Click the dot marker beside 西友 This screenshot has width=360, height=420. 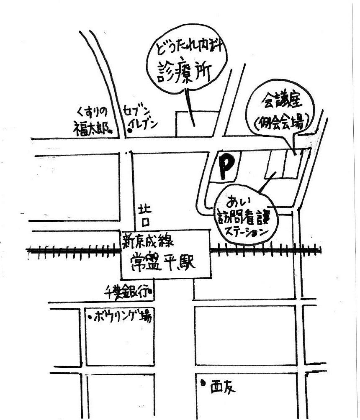(203, 382)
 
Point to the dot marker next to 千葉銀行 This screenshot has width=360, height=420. (150, 294)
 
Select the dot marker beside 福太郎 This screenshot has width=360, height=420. (111, 131)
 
